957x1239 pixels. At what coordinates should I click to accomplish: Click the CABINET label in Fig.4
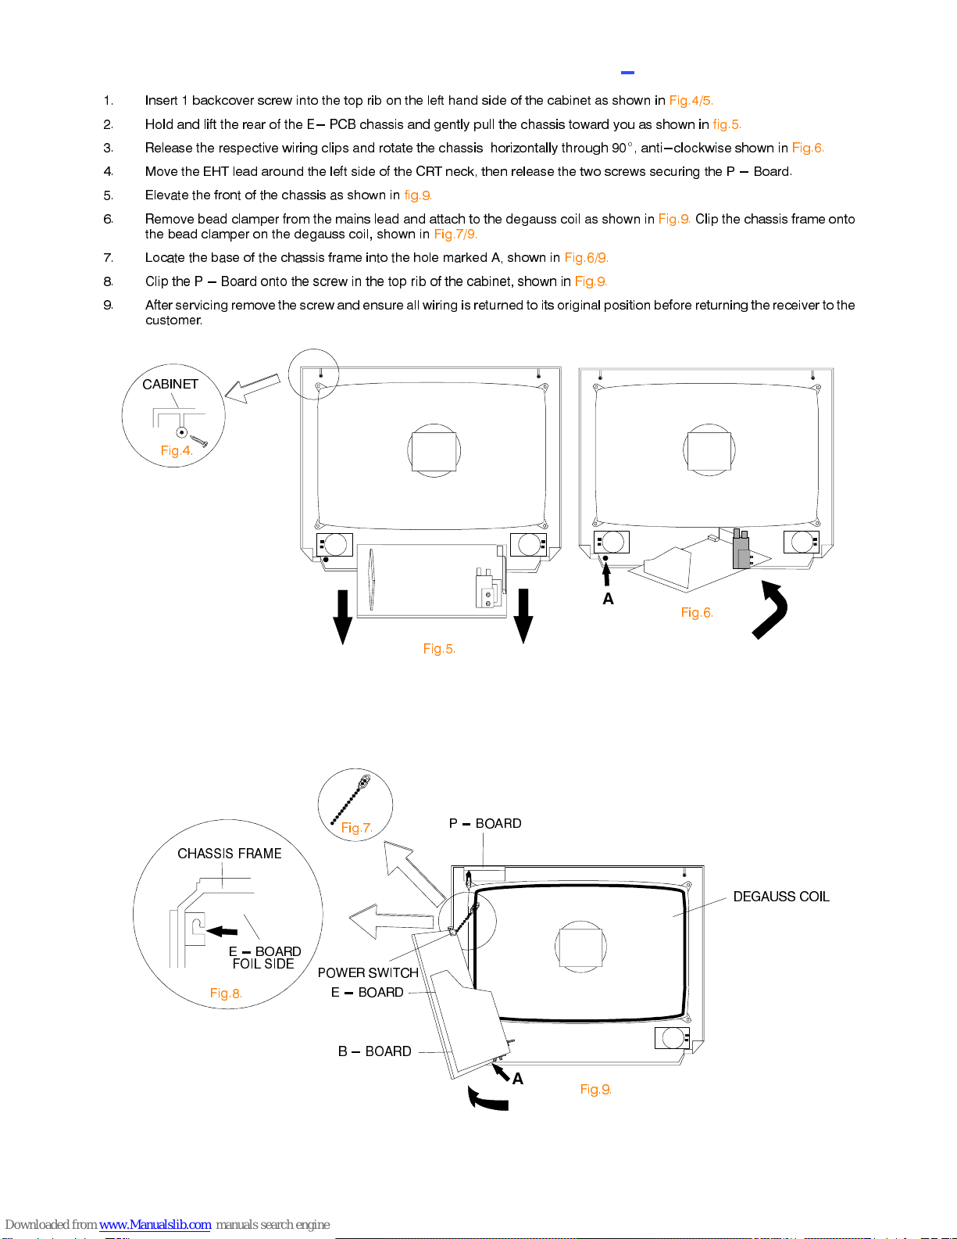pos(170,384)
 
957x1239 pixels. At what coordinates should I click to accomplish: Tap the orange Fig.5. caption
pos(439,649)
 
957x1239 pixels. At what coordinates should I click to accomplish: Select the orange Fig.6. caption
pos(697,613)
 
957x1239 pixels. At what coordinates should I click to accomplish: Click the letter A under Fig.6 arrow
pos(608,600)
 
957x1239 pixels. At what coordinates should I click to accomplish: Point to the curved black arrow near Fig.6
pos(771,610)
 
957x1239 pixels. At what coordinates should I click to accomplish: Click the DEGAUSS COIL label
pos(781,897)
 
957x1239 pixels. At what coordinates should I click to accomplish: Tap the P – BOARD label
pos(485,824)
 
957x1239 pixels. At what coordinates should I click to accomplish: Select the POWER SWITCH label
pos(368,972)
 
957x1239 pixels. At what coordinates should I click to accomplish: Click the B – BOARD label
pos(375,1051)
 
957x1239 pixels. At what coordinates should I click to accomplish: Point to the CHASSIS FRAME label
pos(230,854)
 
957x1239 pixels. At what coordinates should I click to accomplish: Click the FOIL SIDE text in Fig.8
pos(263,965)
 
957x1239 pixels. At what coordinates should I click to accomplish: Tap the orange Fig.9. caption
pos(595,1090)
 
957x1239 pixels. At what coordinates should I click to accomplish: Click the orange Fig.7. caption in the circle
pos(356,828)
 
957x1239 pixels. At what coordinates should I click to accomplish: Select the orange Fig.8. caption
pos(226,994)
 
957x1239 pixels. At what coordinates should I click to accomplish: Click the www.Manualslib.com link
pos(155,1224)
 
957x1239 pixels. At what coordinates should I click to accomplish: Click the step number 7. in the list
pos(109,258)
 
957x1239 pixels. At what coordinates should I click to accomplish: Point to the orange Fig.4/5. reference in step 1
pos(691,101)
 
